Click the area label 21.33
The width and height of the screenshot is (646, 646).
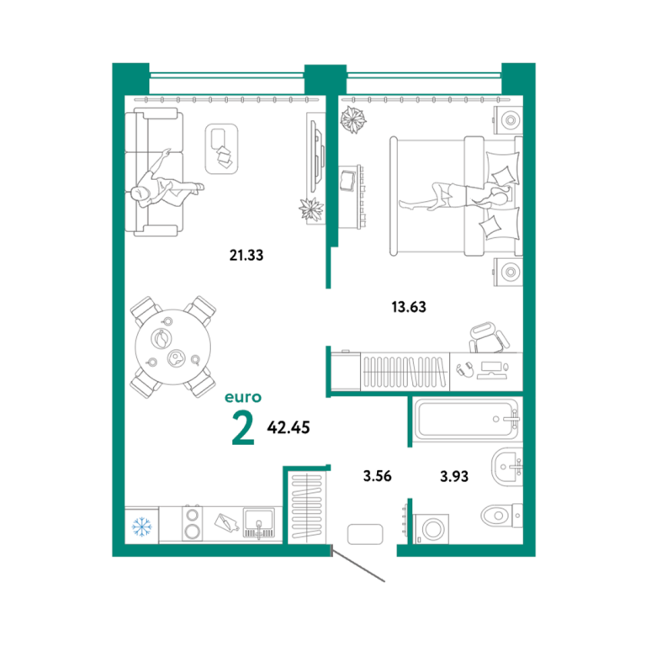click(246, 256)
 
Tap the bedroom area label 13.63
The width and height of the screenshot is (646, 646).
click(409, 307)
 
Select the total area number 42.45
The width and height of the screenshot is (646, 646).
click(289, 427)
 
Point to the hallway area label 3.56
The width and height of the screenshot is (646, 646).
click(378, 476)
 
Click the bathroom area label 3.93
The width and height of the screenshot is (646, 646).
click(454, 477)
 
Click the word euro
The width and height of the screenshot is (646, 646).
click(243, 398)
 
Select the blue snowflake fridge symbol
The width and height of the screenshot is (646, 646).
click(141, 527)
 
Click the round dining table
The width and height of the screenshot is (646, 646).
click(173, 347)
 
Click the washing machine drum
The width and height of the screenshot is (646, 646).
click(433, 529)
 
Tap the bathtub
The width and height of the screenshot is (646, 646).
click(467, 420)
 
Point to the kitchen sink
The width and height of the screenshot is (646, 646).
click(259, 523)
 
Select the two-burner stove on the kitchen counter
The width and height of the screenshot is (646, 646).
click(193, 523)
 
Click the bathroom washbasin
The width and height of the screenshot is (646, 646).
click(506, 467)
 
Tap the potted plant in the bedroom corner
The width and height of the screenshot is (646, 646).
click(353, 120)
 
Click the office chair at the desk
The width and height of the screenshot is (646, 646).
click(489, 338)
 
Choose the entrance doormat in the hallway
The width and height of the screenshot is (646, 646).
click(365, 534)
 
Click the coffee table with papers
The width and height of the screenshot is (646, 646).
click(222, 149)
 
